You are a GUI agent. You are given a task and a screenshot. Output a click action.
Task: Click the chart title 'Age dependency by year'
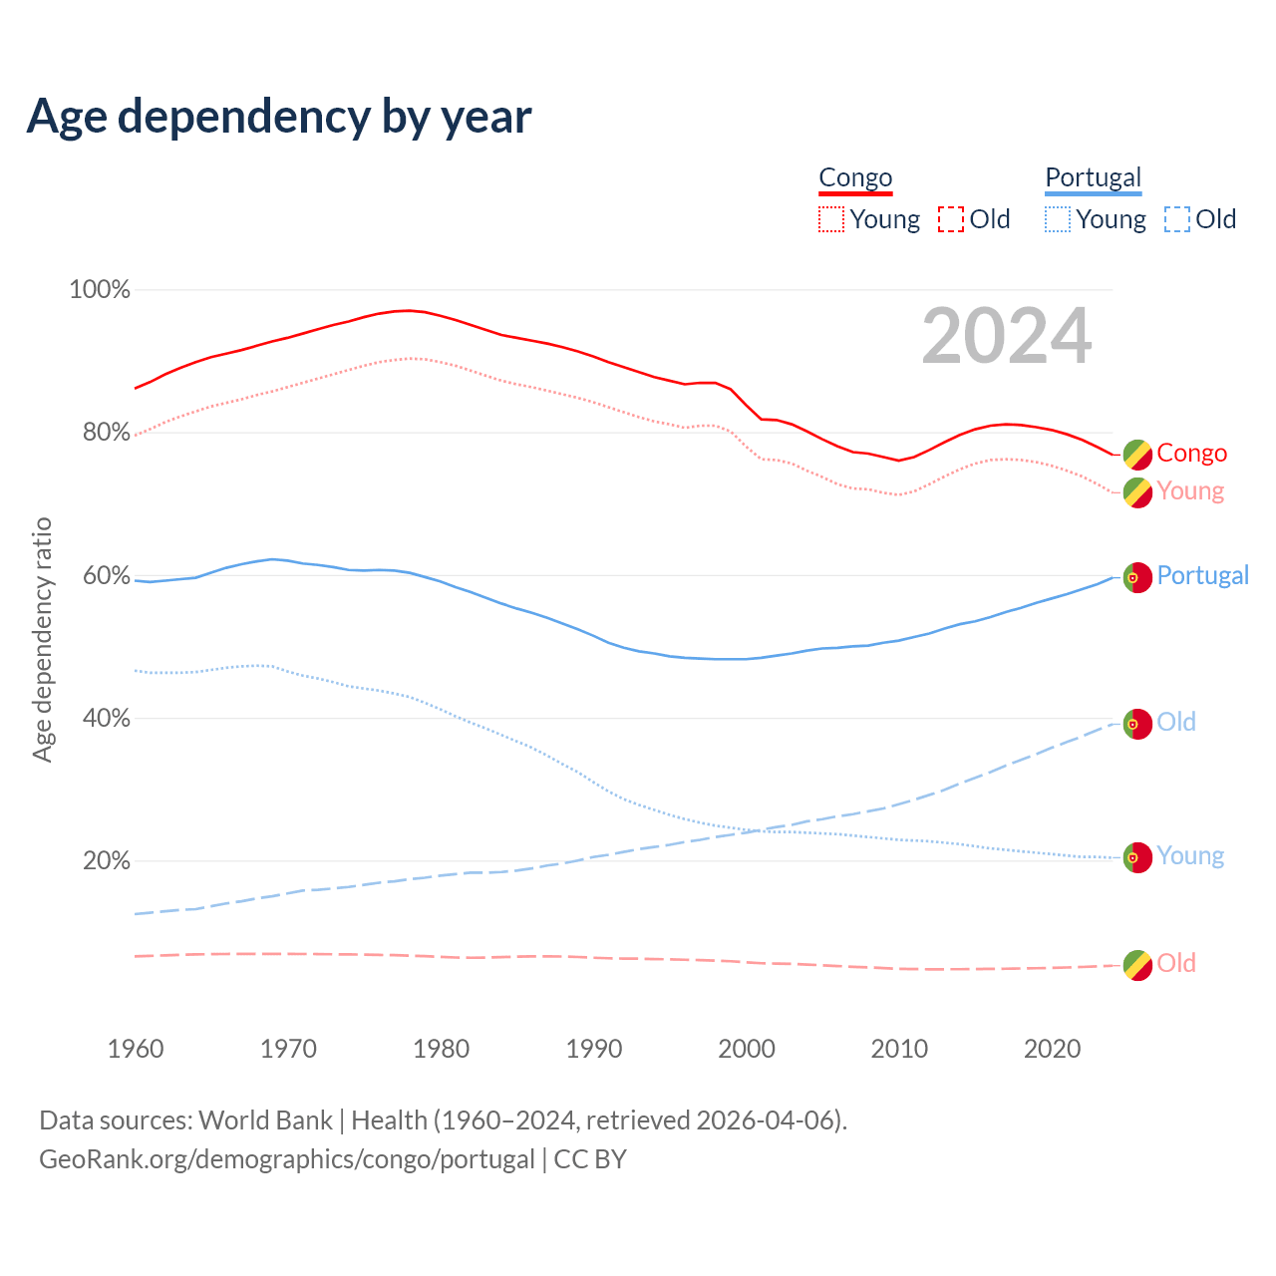279,117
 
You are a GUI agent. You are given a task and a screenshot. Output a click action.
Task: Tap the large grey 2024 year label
1007,336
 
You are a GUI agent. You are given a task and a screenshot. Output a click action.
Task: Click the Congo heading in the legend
855,178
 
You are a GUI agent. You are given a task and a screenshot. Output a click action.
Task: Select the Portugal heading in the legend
1093,178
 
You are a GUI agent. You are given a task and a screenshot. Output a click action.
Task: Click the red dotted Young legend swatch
831,219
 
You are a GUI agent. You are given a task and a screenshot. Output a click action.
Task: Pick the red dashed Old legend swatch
951,219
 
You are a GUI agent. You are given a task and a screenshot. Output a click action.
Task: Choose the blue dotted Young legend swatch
1058,219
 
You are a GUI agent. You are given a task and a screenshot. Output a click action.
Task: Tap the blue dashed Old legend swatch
1177,219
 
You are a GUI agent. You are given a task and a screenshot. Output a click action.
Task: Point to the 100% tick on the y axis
100,290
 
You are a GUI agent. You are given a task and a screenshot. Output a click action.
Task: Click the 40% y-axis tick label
107,719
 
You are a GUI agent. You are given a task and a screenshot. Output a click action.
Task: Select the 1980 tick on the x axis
442,1049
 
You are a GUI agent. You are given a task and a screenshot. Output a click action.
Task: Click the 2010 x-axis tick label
899,1049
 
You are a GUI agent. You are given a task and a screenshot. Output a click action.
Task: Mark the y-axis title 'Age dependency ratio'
42,639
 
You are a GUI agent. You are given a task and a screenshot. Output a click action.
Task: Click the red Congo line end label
1191,454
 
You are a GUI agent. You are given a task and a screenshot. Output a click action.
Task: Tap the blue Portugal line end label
1202,576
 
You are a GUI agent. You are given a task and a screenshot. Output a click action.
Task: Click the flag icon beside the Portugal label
1137,577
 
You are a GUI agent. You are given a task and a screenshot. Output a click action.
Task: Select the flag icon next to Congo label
1137,455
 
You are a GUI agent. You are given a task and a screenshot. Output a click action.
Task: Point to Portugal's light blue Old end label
1176,723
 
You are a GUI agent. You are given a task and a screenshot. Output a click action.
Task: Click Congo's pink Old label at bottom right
1176,964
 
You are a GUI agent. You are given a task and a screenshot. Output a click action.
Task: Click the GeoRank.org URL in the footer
287,1159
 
